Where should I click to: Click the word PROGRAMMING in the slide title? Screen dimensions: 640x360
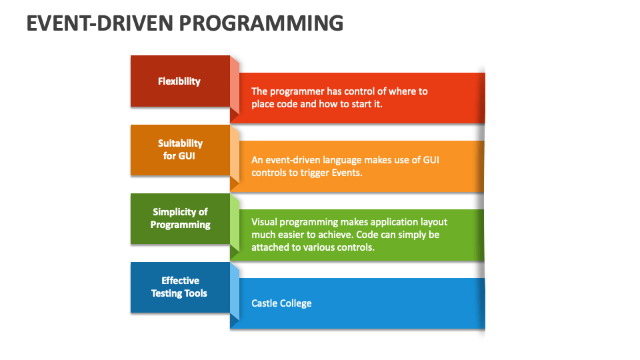click(x=261, y=23)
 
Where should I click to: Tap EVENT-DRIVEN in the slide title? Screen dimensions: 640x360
click(x=99, y=23)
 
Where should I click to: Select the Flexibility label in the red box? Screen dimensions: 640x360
click(x=179, y=81)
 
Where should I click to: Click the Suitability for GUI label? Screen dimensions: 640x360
click(x=180, y=149)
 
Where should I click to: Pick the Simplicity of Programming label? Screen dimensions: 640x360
click(x=180, y=219)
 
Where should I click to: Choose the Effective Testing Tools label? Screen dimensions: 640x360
click(x=179, y=287)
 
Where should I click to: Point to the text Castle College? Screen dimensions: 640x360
click(x=281, y=303)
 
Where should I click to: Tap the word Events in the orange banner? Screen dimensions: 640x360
click(x=347, y=173)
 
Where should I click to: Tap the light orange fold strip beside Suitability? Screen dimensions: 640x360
click(x=235, y=154)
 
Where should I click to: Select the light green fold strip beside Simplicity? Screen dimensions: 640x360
click(x=235, y=223)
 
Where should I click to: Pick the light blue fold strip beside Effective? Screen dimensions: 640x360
click(x=235, y=291)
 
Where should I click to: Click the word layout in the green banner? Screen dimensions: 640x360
click(x=434, y=222)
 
